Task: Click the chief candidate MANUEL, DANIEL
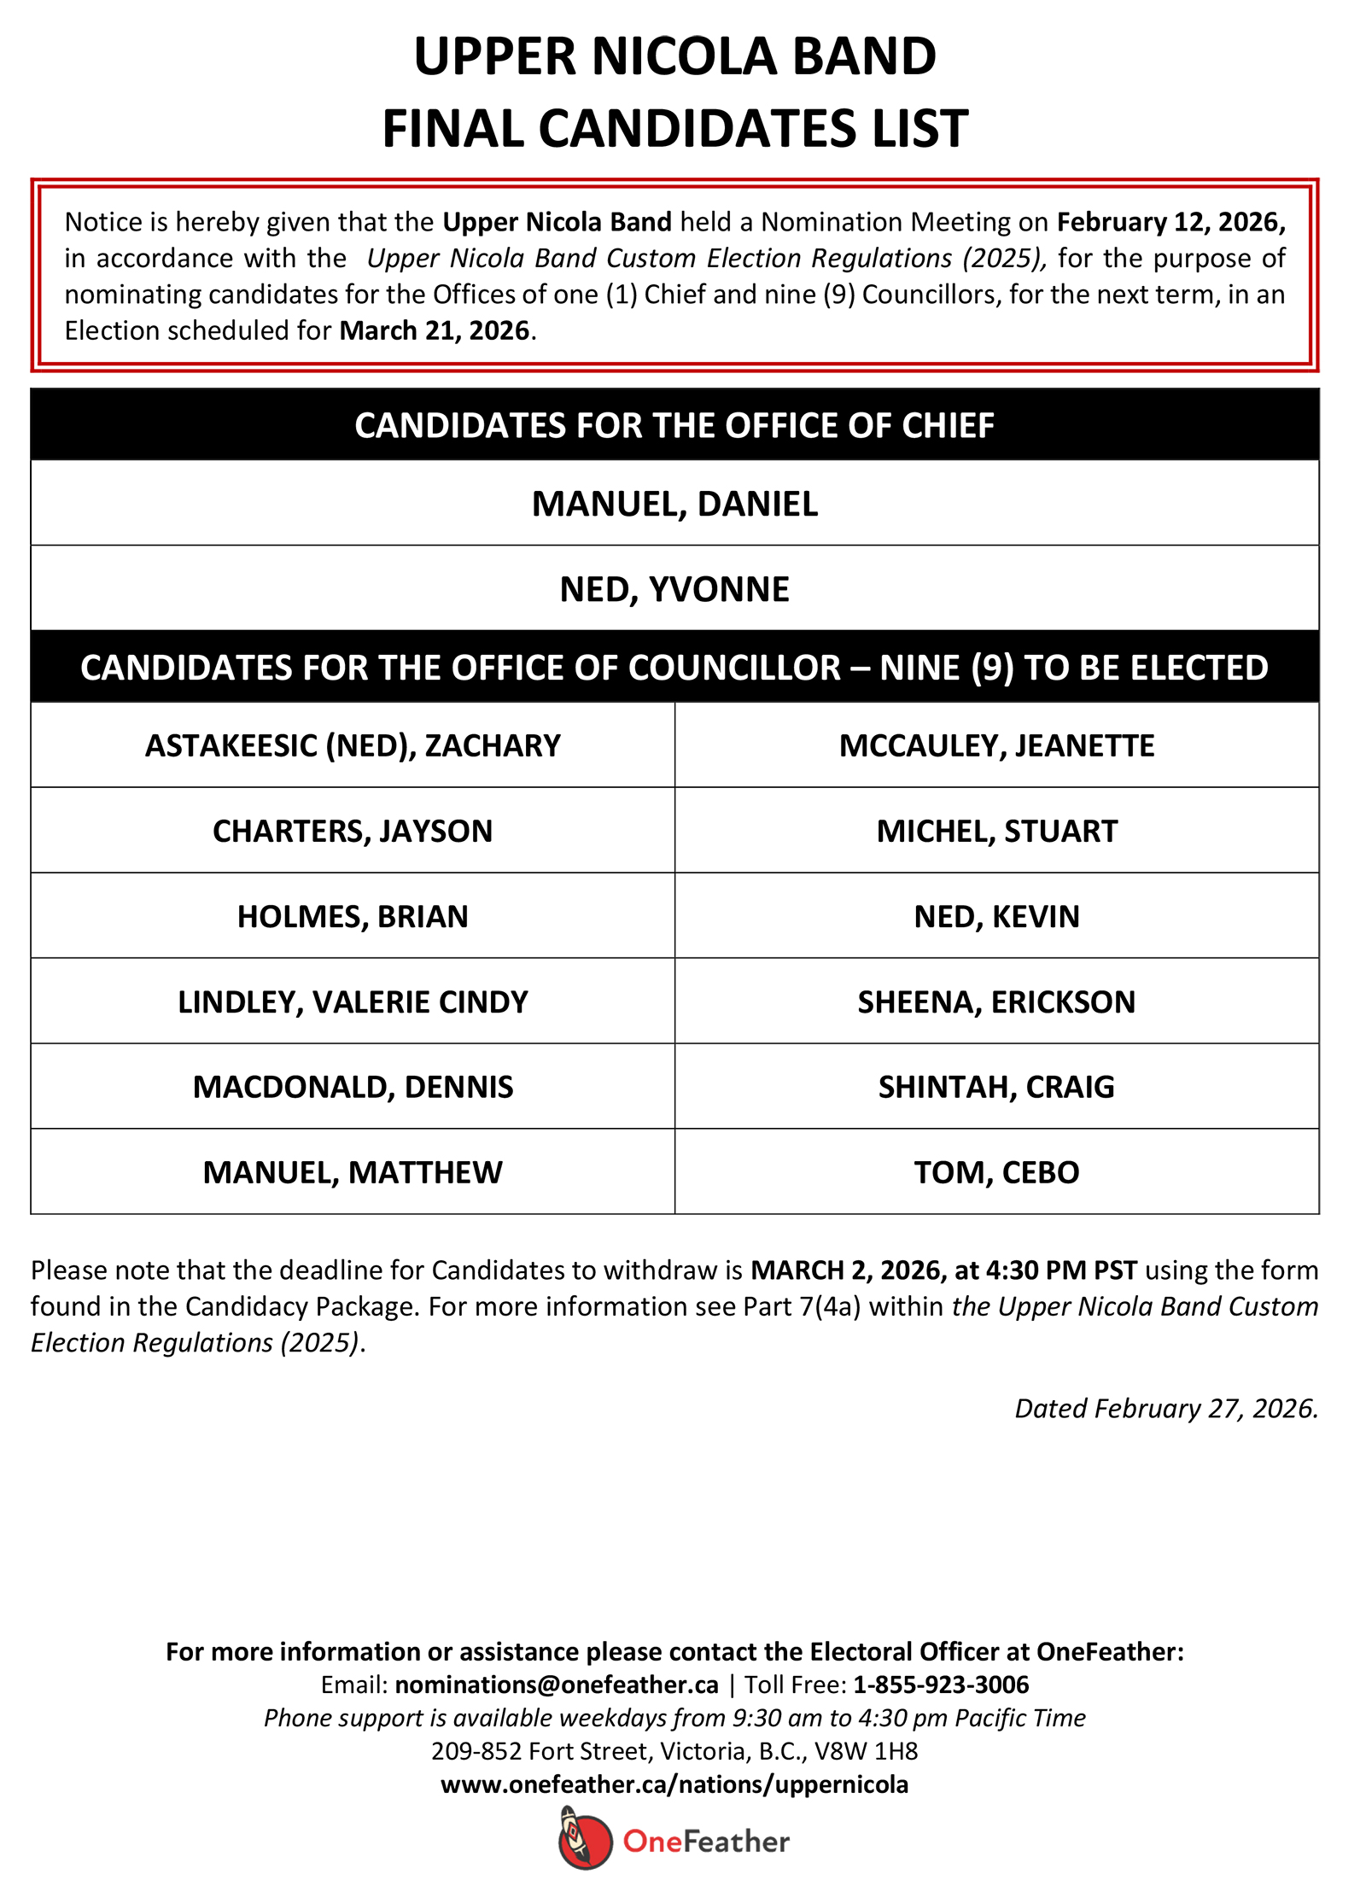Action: point(674,504)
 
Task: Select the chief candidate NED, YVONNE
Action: point(674,589)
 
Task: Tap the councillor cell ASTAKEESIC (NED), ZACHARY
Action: point(353,745)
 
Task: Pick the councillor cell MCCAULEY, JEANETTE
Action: point(996,745)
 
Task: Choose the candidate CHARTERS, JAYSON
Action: point(353,831)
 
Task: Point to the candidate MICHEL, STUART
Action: point(996,831)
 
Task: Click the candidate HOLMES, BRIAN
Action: point(353,916)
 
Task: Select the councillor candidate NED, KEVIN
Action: point(996,916)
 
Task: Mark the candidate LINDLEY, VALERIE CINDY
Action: point(353,1001)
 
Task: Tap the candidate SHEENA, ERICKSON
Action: point(996,1001)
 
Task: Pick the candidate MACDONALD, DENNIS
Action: point(353,1087)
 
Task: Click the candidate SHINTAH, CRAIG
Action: point(996,1087)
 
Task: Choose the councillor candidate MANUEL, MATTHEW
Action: point(353,1172)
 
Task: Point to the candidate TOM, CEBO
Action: point(996,1172)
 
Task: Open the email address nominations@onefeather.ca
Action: point(557,1685)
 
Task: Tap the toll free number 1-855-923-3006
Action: point(941,1685)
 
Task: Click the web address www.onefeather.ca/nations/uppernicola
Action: point(674,1784)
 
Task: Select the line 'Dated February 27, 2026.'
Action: point(1166,1408)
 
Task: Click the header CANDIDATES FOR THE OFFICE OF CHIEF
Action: point(674,425)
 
